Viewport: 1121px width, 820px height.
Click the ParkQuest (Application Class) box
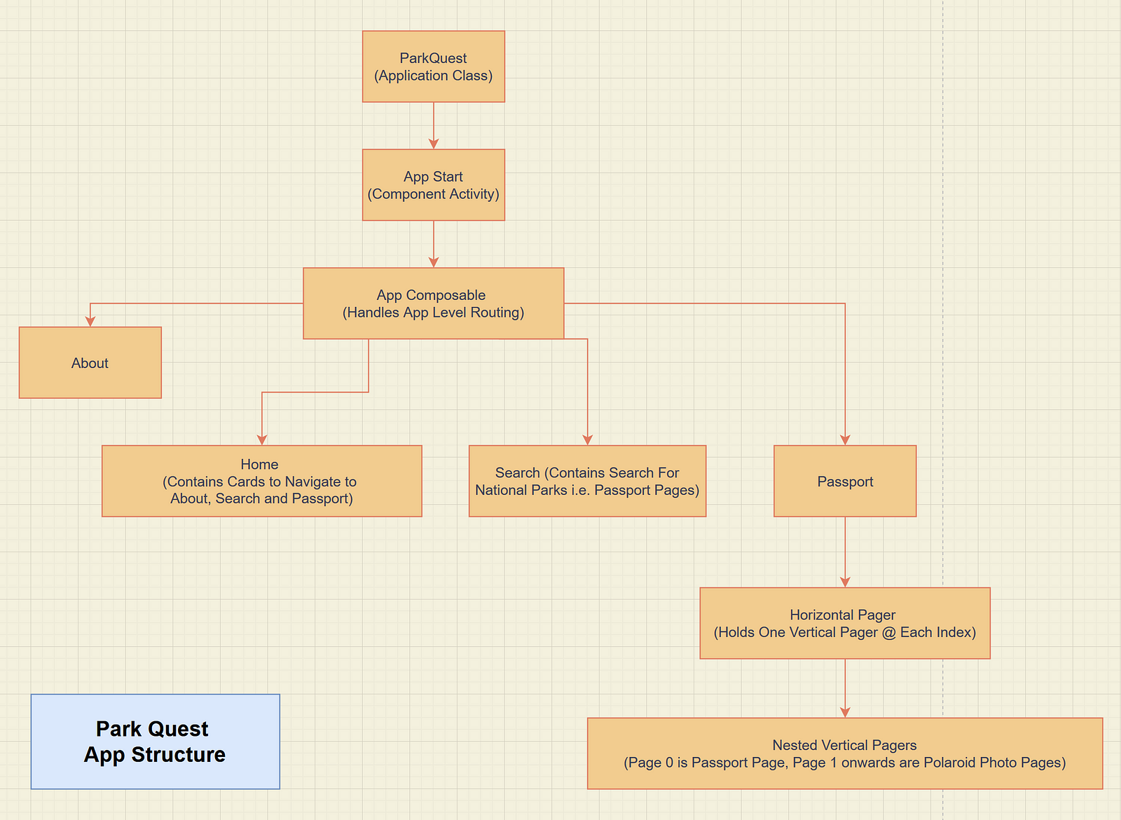433,67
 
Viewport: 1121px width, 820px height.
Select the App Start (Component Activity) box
433,185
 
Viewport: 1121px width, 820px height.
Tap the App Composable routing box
433,303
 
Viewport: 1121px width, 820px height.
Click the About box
90,362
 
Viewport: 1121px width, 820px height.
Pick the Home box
261,481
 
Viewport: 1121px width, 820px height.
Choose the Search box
587,481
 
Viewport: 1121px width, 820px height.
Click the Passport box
845,481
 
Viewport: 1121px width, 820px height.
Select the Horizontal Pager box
845,623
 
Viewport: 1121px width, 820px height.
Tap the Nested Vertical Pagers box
845,753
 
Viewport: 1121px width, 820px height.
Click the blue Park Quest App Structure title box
155,742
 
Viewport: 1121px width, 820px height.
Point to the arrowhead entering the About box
90,321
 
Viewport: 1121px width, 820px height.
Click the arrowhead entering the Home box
262,439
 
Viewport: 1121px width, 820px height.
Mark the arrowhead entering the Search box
588,439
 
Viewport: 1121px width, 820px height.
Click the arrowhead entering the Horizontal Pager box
845,582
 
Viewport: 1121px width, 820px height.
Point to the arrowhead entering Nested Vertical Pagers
845,712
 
